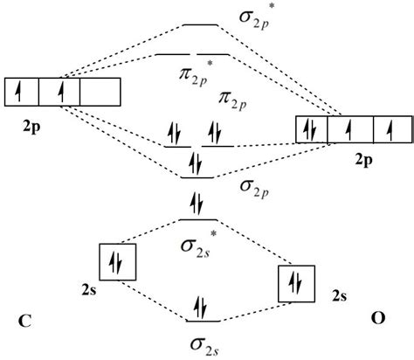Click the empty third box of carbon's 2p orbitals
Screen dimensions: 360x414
[x=100, y=91]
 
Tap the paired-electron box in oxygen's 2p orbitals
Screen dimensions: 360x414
[x=312, y=129]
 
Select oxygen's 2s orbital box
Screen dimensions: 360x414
[x=294, y=281]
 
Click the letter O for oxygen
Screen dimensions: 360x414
[x=376, y=320]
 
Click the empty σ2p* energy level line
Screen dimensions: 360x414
[x=200, y=25]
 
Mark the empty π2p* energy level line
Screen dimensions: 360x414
[x=197, y=54]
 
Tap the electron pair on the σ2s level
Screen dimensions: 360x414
[x=201, y=308]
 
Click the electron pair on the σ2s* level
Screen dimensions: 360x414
[x=197, y=206]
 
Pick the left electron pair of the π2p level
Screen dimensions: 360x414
[x=174, y=135]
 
